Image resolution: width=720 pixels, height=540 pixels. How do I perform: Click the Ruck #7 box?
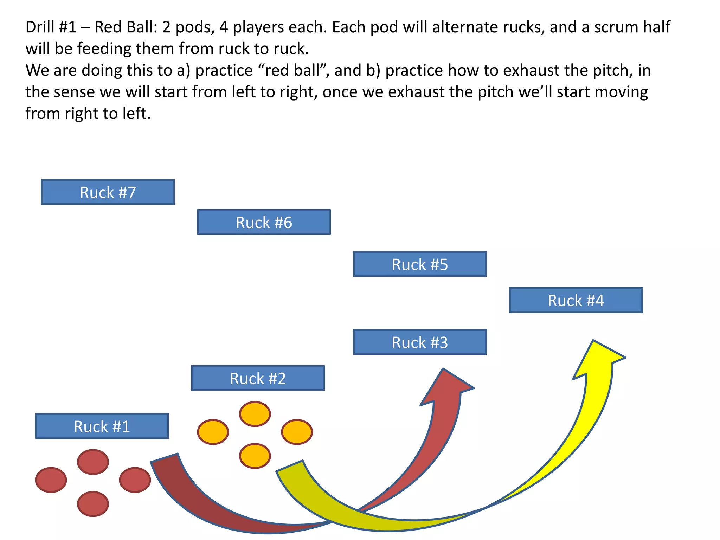coord(108,192)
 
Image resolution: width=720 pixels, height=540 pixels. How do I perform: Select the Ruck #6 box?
coord(264,222)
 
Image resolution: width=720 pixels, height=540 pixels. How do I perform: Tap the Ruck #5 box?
coord(420,264)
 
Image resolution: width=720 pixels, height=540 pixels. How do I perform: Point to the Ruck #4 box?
coord(576,300)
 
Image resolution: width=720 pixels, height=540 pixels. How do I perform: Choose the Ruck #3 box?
coord(420,342)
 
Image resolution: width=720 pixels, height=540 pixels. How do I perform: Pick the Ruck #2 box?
coord(258,378)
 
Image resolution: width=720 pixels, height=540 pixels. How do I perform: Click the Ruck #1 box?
coord(102,426)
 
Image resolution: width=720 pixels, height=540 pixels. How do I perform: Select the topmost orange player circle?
coord(255,414)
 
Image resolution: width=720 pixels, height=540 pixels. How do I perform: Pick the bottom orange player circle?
coord(255,456)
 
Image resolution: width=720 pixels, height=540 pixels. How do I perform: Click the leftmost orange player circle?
coord(213,432)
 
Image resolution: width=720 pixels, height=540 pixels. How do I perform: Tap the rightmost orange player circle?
coord(297,432)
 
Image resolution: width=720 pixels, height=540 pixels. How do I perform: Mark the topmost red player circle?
coord(93,462)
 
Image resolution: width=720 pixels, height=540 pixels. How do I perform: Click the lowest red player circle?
coord(93,504)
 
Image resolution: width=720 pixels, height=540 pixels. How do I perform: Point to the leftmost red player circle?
coord(51,480)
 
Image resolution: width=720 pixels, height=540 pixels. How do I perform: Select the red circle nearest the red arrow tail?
coord(135,480)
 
